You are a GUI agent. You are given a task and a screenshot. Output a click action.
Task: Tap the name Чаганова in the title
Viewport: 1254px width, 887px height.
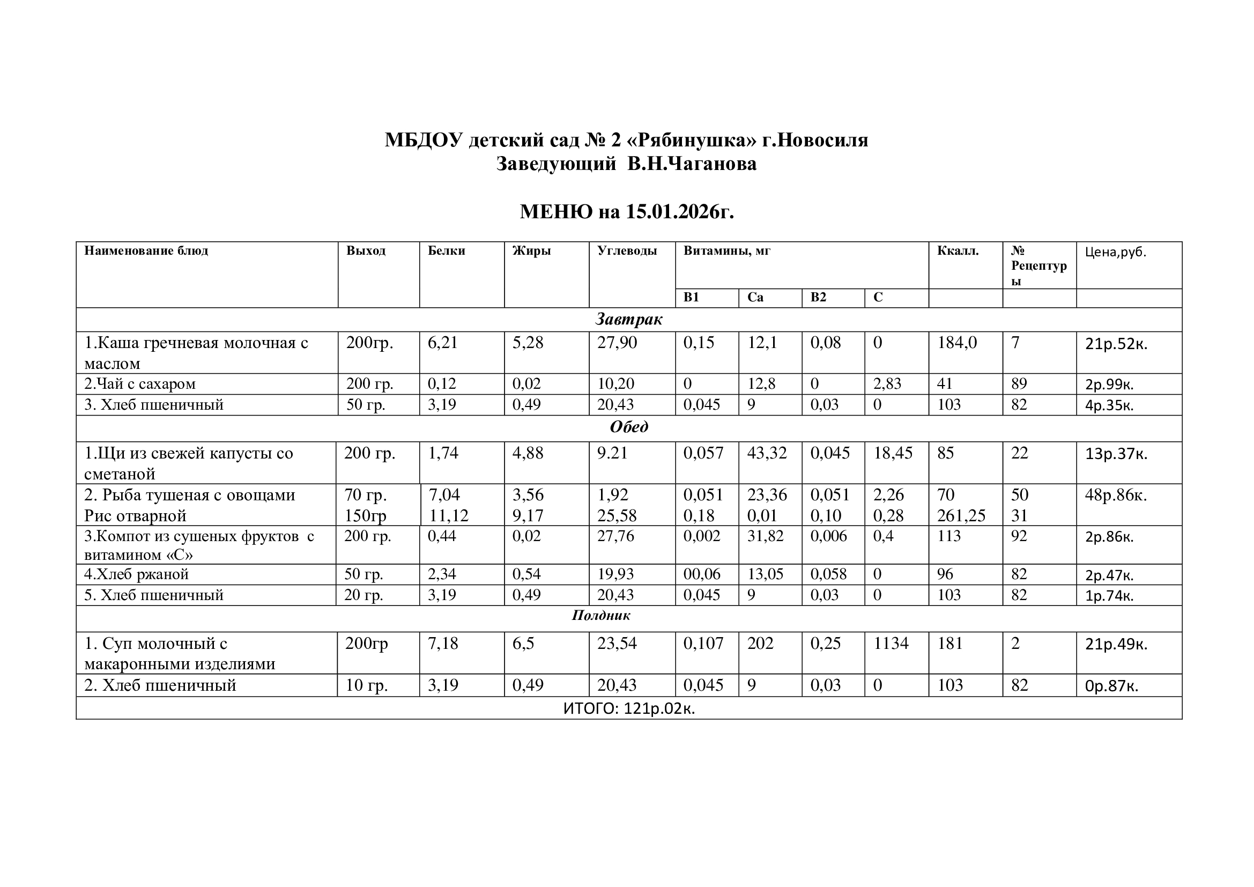coord(692,164)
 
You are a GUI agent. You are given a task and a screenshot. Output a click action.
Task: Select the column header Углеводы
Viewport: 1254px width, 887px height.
coord(627,250)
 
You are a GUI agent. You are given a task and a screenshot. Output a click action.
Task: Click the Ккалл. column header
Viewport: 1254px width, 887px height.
coord(958,250)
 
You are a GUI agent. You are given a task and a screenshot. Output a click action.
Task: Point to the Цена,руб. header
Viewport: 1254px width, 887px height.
coord(1115,252)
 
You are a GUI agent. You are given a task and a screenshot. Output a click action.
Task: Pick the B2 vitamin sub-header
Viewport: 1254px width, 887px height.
coord(818,297)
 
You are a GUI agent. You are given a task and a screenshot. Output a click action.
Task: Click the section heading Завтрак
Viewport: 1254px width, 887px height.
coord(629,319)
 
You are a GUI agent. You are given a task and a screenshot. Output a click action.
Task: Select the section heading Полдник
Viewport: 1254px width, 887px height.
coord(601,616)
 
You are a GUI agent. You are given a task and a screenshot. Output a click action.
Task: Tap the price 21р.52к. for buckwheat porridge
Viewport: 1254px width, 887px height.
coord(1116,344)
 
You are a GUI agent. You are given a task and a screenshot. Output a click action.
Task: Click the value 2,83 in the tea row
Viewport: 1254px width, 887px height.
coord(887,384)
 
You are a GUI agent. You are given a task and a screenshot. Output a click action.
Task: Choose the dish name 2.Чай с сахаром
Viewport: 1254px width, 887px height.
coord(140,384)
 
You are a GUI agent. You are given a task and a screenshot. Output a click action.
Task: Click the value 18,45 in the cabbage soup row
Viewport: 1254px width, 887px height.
coord(893,453)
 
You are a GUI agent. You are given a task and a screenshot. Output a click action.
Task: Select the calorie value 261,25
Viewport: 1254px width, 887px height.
coord(961,515)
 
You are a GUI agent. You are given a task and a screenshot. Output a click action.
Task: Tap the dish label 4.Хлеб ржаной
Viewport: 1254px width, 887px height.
coord(137,574)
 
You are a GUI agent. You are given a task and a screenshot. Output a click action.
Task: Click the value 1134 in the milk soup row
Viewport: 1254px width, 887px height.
coord(891,644)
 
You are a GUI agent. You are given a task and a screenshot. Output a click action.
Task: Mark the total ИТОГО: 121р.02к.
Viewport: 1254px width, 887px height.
coord(629,709)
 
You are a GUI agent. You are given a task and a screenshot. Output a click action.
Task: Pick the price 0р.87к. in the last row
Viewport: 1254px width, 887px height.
coord(1111,686)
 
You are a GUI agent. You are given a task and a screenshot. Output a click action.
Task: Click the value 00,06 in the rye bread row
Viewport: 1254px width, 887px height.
coord(702,574)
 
